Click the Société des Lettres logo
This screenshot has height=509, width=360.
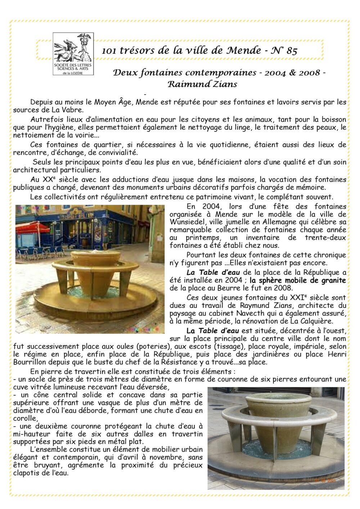73,54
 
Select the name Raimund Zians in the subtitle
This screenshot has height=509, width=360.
202,85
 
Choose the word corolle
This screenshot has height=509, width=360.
25,418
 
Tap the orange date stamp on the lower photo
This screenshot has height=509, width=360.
325,480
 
